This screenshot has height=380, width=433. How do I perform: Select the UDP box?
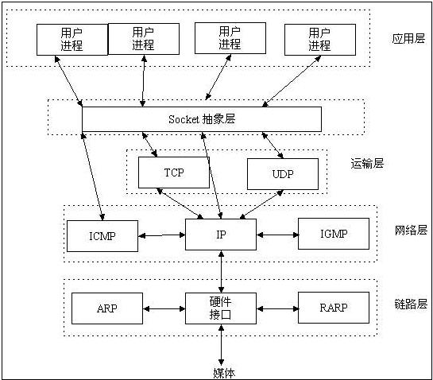pyautogui.click(x=282, y=174)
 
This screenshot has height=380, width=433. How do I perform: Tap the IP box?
pyautogui.click(x=221, y=235)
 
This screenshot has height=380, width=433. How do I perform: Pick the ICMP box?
pyautogui.click(x=102, y=235)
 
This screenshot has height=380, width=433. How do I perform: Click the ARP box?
pyautogui.click(x=107, y=308)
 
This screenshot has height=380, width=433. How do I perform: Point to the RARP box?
pyautogui.click(x=334, y=308)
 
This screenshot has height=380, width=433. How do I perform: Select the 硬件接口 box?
pyautogui.click(x=221, y=308)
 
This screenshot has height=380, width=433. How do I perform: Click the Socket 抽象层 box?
pyautogui.click(x=202, y=119)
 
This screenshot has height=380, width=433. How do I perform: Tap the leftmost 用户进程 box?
pyautogui.click(x=72, y=39)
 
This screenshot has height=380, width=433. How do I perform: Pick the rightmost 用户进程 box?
pyautogui.click(x=319, y=39)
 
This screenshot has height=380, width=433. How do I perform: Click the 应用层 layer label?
pyautogui.click(x=408, y=39)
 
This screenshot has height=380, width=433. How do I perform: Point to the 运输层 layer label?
pyautogui.click(x=367, y=164)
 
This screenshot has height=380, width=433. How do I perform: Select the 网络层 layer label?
pyautogui.click(x=411, y=231)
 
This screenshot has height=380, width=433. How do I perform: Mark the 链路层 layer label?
pyautogui.click(x=411, y=304)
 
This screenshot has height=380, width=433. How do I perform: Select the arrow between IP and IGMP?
pyautogui.click(x=276, y=235)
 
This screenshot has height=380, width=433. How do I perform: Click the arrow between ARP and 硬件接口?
pyautogui.click(x=164, y=308)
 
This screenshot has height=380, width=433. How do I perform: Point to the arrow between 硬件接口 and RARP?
pyautogui.click(x=277, y=308)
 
